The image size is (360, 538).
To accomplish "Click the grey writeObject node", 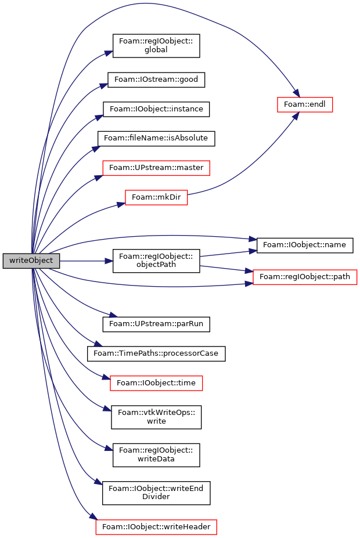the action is tap(31, 261).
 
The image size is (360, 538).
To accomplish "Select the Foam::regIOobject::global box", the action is tap(156, 46).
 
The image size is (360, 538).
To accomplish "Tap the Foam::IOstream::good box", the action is tap(156, 80).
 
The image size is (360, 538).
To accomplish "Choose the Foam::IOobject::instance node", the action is tap(156, 109).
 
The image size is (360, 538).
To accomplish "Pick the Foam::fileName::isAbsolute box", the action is tap(156, 138).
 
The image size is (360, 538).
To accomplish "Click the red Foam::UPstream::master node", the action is tap(156, 168).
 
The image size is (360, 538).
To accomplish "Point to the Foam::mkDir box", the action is tap(156, 197).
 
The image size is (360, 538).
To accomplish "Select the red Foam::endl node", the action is tap(305, 104).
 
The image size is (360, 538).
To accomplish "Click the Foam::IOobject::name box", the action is tap(305, 245).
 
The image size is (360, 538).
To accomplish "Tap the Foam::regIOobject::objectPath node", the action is tap(156, 261).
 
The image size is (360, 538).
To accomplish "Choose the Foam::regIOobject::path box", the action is tap(305, 277).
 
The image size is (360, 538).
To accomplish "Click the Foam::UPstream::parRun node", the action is tap(156, 324).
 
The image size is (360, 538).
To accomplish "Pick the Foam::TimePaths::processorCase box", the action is tap(156, 353).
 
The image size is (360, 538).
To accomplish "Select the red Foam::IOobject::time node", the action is tap(156, 383).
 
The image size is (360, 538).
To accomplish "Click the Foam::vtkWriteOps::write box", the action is tap(156, 417).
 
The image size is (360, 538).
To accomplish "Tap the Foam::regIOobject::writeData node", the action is tap(156, 455).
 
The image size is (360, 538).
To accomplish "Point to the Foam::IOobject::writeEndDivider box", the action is tap(156, 493).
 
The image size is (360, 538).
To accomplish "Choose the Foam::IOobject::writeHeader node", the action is tap(156, 527).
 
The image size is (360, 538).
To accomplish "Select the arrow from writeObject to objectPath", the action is tap(86, 261).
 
